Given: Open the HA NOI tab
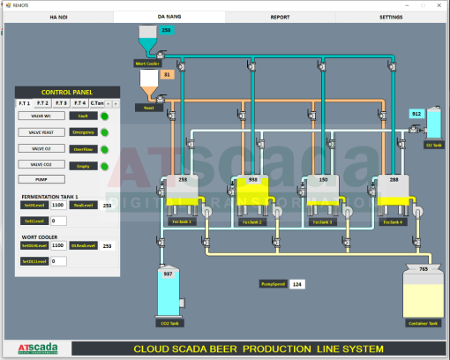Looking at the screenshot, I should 59,17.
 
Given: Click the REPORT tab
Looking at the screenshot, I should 280,17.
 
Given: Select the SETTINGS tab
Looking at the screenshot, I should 391,17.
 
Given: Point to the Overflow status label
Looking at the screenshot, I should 83,149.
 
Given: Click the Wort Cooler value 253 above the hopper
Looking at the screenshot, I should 166,31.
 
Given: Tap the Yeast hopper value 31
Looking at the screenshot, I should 168,75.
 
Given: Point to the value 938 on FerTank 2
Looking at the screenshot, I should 253,179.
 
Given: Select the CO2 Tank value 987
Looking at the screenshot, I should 168,274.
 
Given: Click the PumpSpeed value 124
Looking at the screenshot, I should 297,284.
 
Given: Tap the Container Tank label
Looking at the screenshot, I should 422,323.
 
